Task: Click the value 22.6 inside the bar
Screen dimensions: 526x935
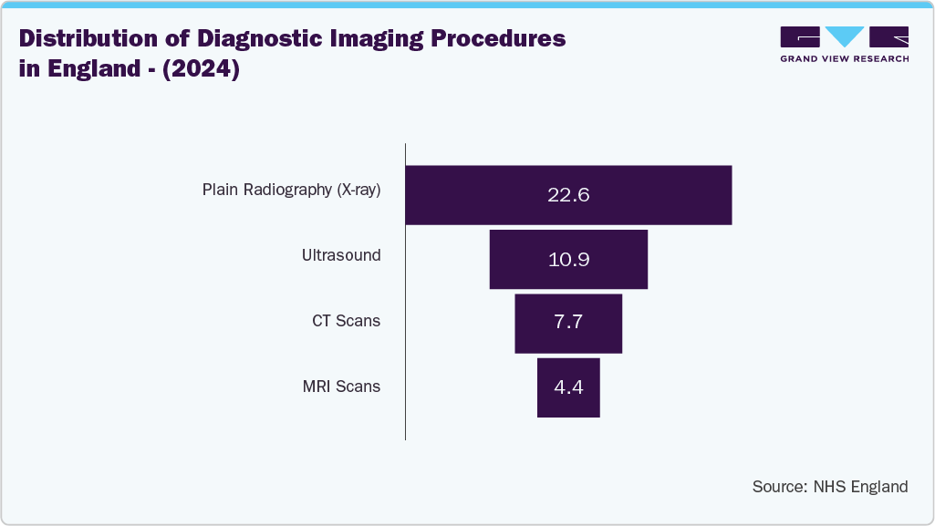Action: click(x=568, y=195)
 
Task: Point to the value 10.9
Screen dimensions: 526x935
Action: click(x=568, y=260)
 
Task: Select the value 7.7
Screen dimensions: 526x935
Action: click(x=568, y=324)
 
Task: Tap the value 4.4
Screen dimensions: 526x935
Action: click(x=568, y=387)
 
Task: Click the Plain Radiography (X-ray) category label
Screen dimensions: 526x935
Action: click(x=291, y=191)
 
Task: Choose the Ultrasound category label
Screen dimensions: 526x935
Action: click(x=341, y=255)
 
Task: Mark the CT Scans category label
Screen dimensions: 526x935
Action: click(x=346, y=321)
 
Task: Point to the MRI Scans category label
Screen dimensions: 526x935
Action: click(x=341, y=387)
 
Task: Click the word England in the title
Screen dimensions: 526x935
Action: click(x=94, y=70)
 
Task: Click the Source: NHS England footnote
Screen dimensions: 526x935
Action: click(x=829, y=487)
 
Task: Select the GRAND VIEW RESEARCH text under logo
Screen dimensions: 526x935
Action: click(x=844, y=58)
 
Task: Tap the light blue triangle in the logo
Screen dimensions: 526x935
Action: click(x=845, y=36)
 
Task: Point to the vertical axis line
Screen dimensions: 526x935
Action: click(x=405, y=292)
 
